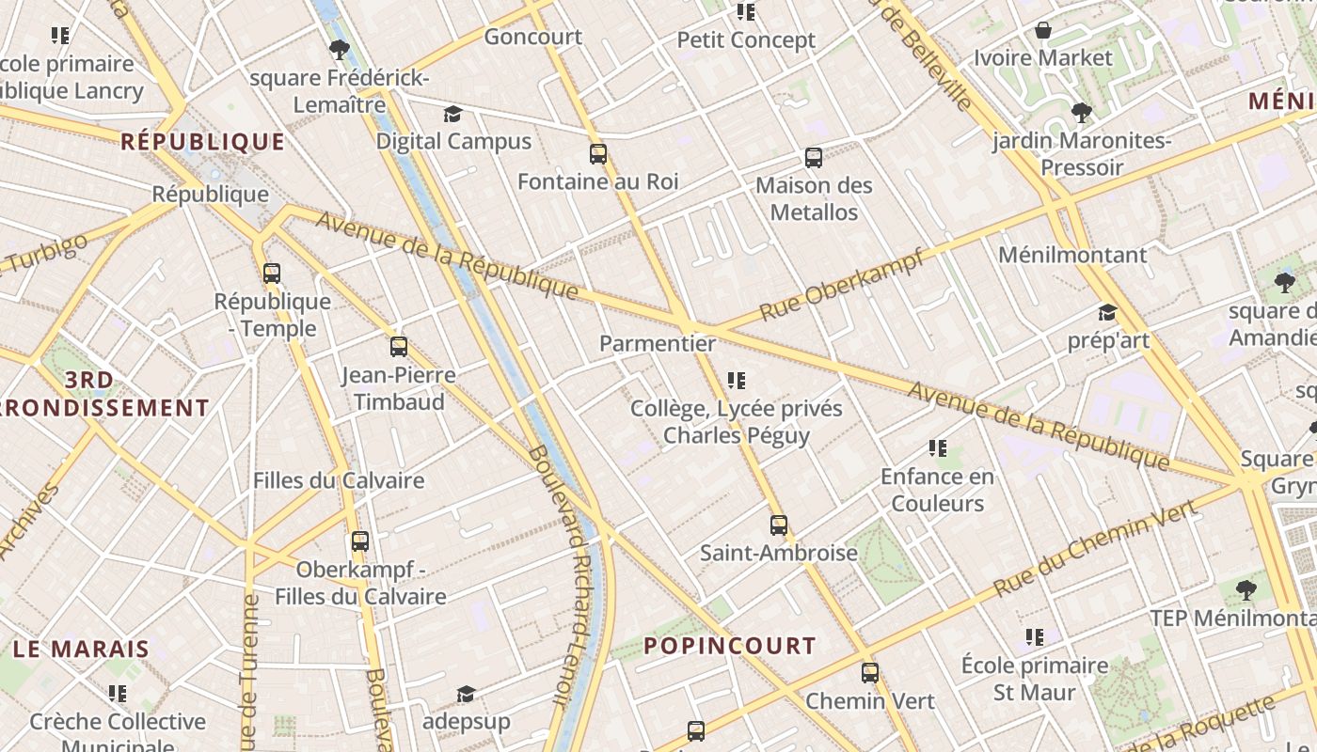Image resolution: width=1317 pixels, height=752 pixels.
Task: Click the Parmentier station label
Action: click(658, 344)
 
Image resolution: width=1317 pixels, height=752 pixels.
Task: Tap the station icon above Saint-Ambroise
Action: click(779, 525)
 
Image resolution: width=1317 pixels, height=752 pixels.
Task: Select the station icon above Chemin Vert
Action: click(870, 673)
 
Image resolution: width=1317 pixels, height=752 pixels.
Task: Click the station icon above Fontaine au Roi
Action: click(598, 154)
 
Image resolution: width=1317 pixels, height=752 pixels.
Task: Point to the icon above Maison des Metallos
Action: click(814, 158)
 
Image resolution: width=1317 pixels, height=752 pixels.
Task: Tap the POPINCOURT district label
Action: click(730, 646)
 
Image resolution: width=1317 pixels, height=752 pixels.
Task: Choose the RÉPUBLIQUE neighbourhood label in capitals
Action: click(202, 142)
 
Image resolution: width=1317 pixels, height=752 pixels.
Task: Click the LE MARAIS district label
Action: click(81, 649)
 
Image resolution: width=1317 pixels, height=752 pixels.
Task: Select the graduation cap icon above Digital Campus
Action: click(453, 115)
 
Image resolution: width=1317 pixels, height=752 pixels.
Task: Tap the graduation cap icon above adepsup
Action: click(466, 695)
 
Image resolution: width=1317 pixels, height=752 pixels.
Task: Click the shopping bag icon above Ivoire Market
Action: click(1043, 31)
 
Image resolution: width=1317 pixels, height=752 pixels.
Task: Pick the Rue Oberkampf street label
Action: click(841, 284)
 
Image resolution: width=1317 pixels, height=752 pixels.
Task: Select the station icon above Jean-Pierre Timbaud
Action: click(399, 347)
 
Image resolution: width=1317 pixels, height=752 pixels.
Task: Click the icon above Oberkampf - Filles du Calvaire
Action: click(360, 541)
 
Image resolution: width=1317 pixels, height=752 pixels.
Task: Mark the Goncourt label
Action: click(533, 38)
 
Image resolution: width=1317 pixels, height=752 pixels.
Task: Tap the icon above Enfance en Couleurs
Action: click(937, 448)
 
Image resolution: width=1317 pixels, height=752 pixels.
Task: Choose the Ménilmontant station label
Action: click(1072, 255)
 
